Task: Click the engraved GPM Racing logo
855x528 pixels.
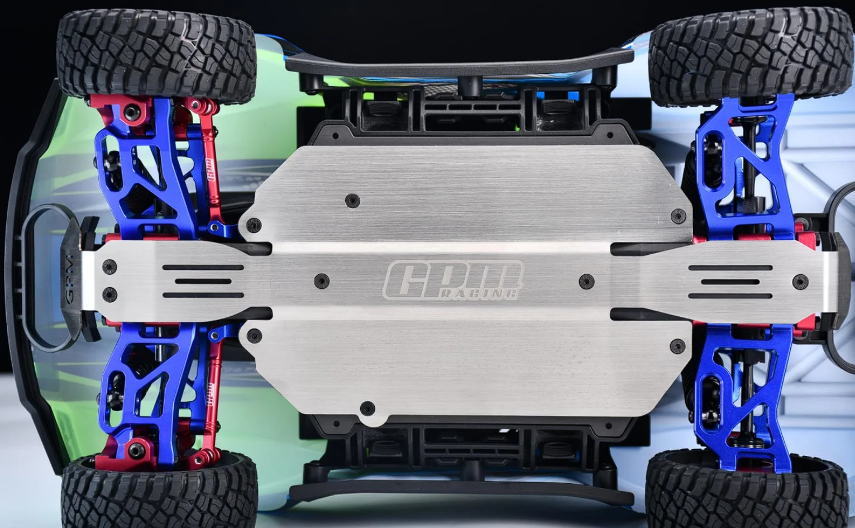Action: point(453,280)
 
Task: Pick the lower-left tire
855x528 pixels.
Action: point(159,492)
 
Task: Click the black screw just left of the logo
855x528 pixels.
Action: point(321,280)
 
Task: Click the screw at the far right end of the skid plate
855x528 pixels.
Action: point(800,282)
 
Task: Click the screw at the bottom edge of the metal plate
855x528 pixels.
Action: point(367,407)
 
